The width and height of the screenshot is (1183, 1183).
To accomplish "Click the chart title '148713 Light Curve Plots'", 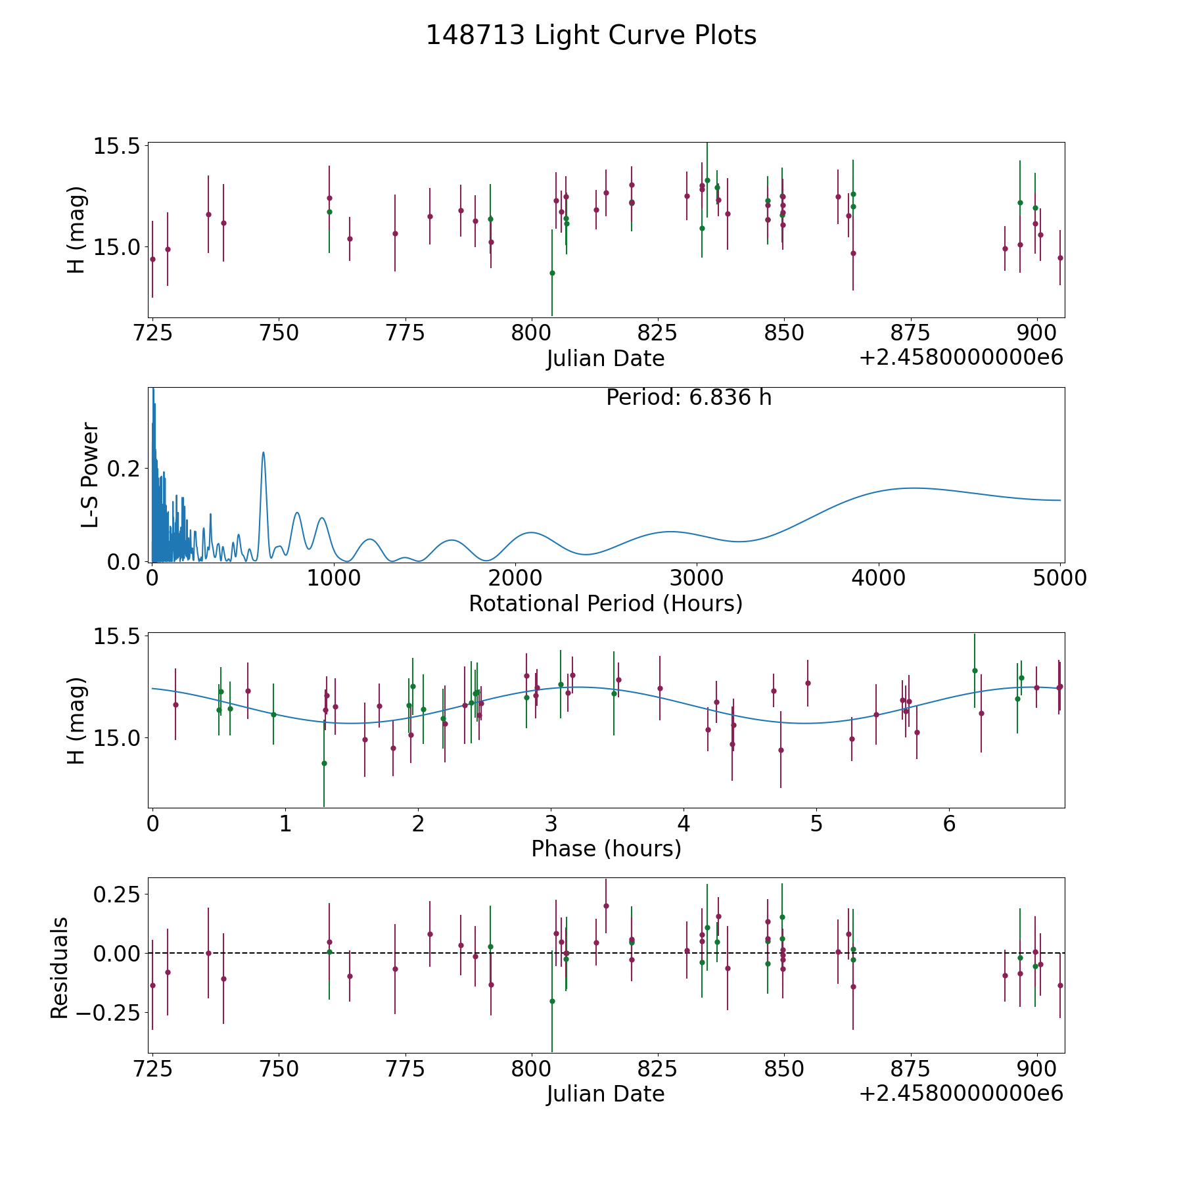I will click(591, 35).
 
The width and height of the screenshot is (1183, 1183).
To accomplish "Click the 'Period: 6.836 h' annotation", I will click(688, 398).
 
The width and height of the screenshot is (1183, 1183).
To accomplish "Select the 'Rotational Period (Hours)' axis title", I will click(605, 603).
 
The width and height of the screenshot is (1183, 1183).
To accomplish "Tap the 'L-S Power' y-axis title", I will click(90, 475).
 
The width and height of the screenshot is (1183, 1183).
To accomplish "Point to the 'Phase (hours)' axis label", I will click(605, 848).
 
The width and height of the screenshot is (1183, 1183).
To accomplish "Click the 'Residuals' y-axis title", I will click(60, 968).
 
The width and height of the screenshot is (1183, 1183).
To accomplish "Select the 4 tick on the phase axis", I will click(684, 823).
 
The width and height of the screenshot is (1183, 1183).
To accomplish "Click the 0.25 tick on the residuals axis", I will click(118, 894).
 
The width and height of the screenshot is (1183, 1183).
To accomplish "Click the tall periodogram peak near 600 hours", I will click(264, 453).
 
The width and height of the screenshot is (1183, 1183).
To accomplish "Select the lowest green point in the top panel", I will click(552, 273).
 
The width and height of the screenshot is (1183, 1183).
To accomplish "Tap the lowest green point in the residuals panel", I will click(552, 1001).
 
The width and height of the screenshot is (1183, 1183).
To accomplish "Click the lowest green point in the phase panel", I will click(324, 763).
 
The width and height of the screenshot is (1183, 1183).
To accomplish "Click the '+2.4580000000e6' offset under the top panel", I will click(961, 358).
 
